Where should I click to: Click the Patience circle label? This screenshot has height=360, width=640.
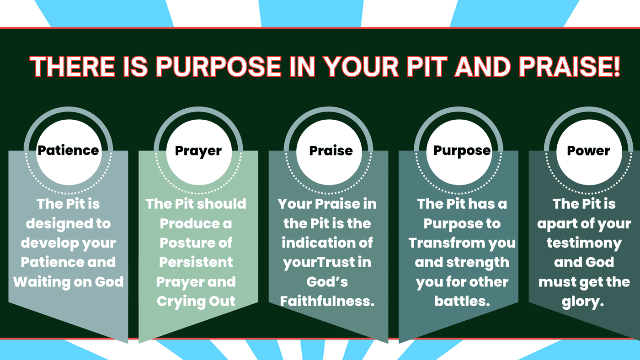[68, 150]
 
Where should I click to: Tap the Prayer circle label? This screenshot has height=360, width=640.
[198, 151]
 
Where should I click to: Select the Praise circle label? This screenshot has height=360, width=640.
[331, 150]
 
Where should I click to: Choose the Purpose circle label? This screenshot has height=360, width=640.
[462, 151]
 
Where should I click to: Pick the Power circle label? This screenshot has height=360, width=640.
[589, 151]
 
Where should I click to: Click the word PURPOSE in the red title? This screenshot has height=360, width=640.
[219, 67]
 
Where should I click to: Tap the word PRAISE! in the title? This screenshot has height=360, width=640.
[570, 67]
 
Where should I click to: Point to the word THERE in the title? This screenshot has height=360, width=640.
[72, 67]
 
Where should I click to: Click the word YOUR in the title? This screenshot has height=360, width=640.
[362, 67]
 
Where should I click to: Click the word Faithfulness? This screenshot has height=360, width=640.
[327, 301]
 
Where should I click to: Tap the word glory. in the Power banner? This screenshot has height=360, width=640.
[583, 302]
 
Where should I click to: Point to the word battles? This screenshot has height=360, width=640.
[462, 301]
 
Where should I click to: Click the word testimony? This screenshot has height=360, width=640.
[584, 244]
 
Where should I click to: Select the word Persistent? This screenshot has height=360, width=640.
[196, 262]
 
